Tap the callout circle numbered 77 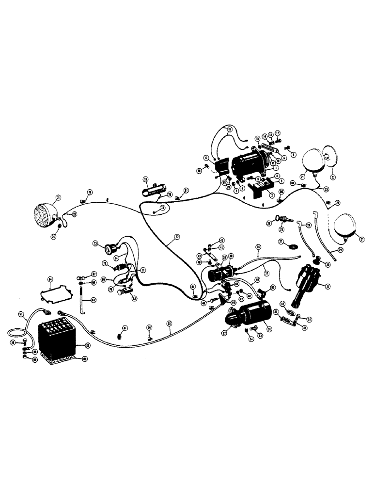click(177, 237)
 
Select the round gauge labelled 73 click(109, 248)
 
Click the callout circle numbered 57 click(21, 314)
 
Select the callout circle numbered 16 click(230, 129)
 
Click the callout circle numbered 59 click(35, 352)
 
